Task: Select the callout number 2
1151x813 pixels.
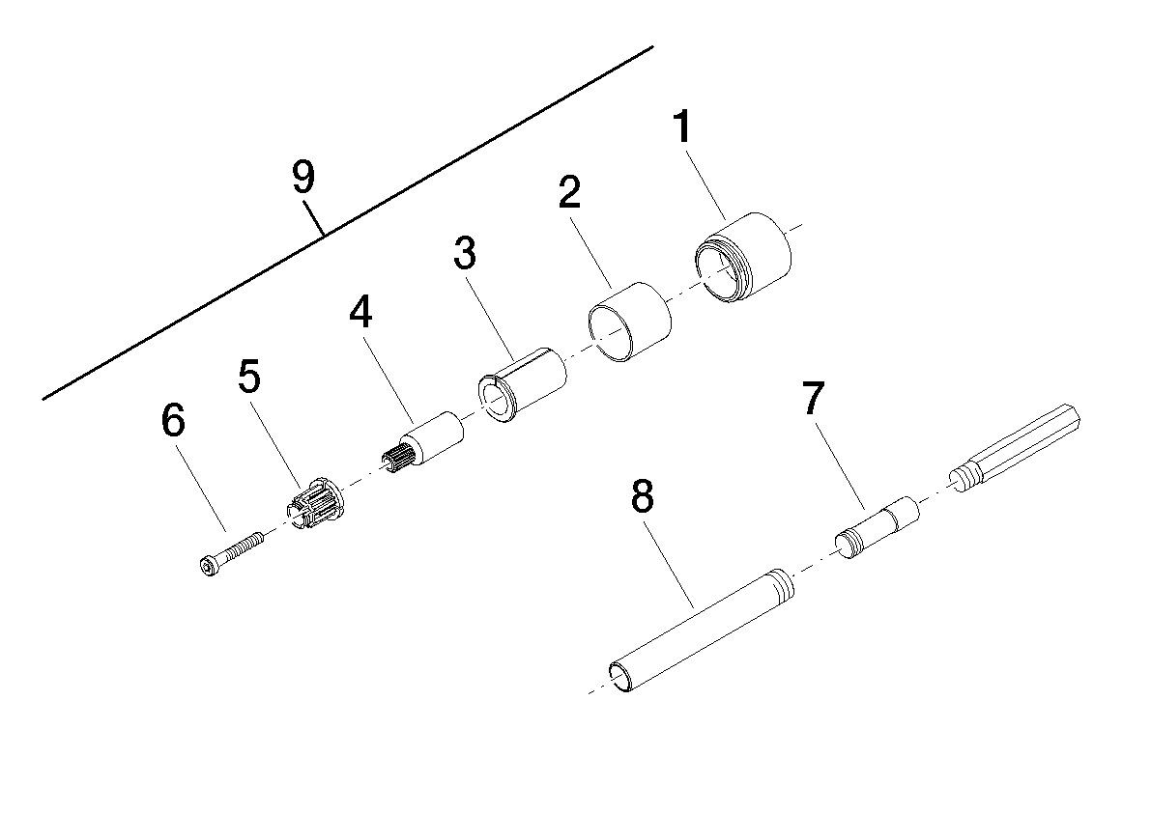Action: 569,193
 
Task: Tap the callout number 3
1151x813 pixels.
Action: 465,253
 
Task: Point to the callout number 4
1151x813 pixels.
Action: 360,313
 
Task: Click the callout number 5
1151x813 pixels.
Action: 249,378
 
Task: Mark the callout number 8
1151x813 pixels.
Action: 642,496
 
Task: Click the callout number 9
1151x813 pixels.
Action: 303,177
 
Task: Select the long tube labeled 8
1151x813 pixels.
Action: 702,629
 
